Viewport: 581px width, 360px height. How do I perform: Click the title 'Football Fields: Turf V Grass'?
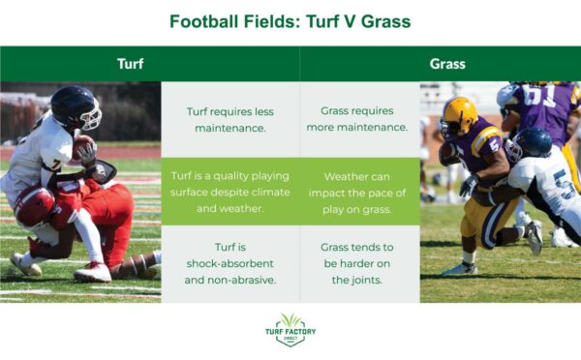coord(290,20)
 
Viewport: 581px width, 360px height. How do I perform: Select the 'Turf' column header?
coord(131,64)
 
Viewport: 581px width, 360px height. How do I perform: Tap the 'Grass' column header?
coord(447,64)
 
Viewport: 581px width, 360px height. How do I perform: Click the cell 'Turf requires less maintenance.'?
coord(229,119)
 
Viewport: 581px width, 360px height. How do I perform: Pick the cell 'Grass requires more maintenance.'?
coord(359,119)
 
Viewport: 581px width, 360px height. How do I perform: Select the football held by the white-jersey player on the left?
coord(82,147)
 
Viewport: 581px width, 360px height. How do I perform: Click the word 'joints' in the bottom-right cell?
coord(359,280)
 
